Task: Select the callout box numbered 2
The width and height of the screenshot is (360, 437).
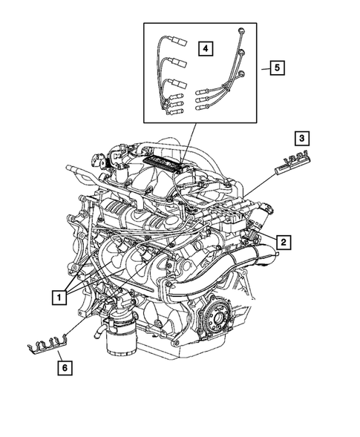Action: (x=283, y=240)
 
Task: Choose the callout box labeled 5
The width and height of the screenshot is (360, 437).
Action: (x=275, y=68)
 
